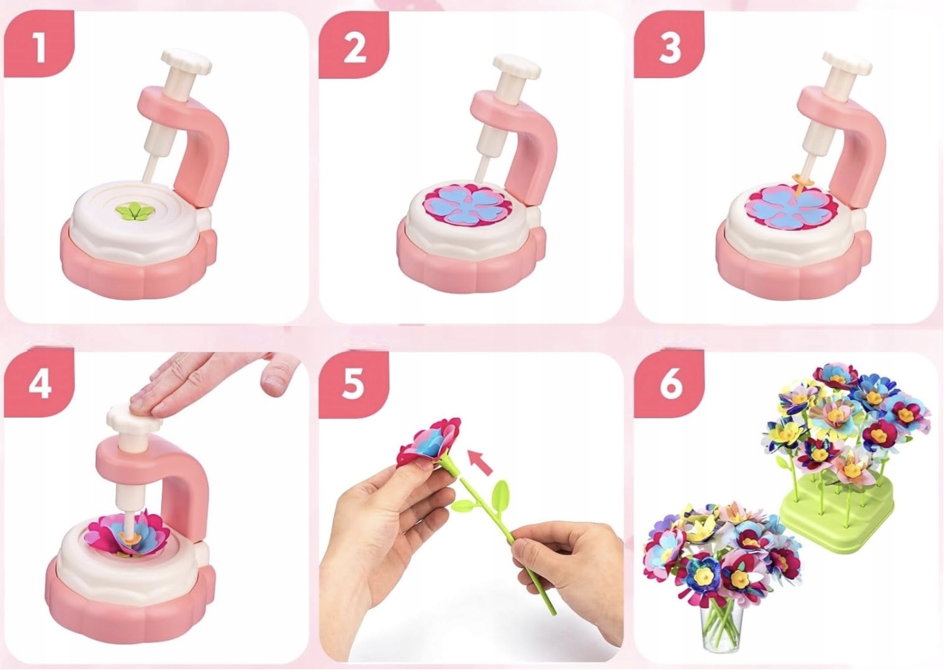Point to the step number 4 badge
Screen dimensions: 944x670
pyautogui.click(x=39, y=384)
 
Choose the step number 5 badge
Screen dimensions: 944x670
pyautogui.click(x=354, y=384)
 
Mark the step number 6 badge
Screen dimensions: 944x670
pyautogui.click(x=669, y=384)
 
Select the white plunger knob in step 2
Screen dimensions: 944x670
pyautogui.click(x=516, y=66)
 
